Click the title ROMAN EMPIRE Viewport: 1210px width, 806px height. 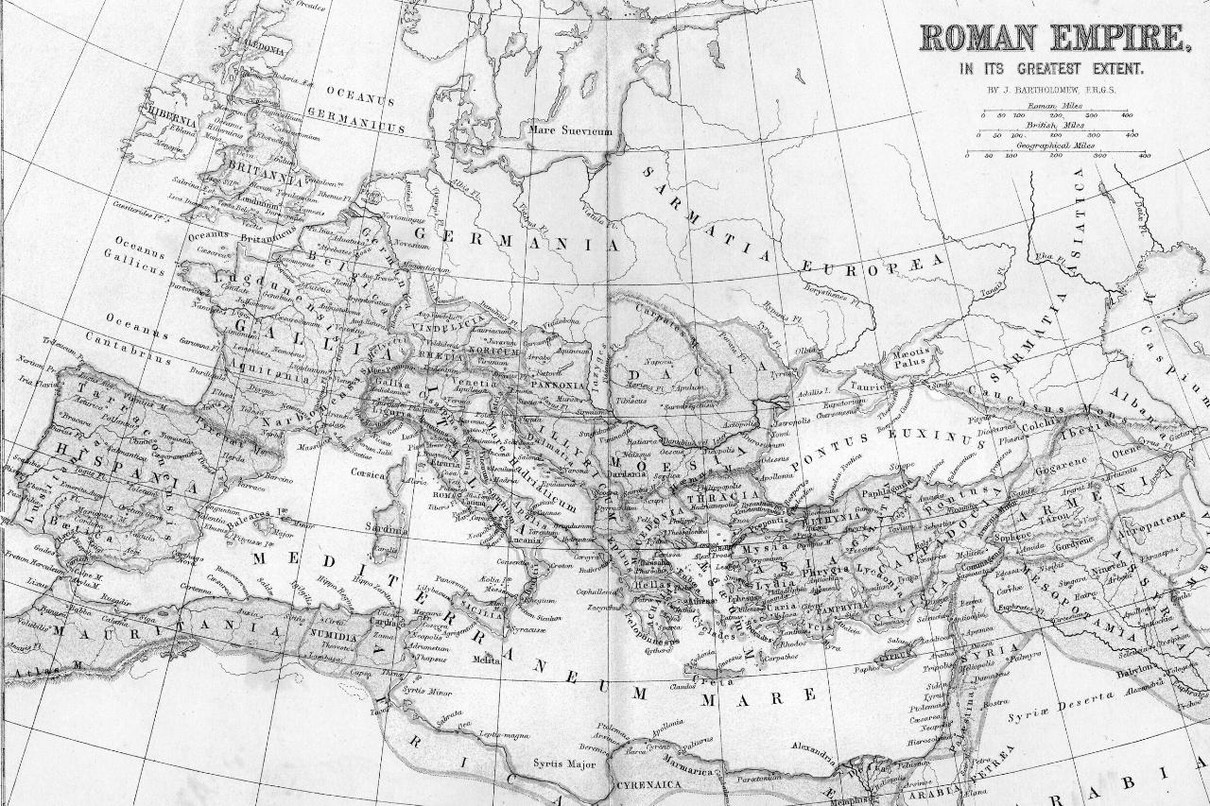coord(1052,38)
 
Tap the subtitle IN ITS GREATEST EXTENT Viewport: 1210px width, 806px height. coord(1051,69)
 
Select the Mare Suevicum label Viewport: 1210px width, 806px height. coord(570,130)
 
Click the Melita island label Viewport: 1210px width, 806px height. coord(486,660)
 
